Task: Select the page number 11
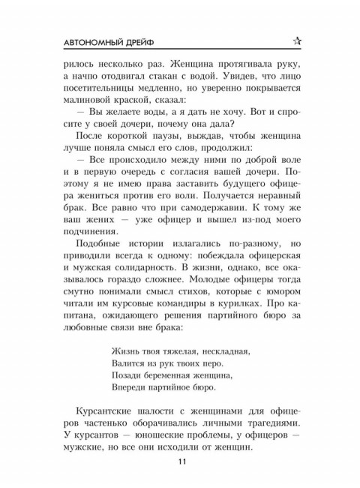click(x=180, y=461)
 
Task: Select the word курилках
click(x=247, y=327)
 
